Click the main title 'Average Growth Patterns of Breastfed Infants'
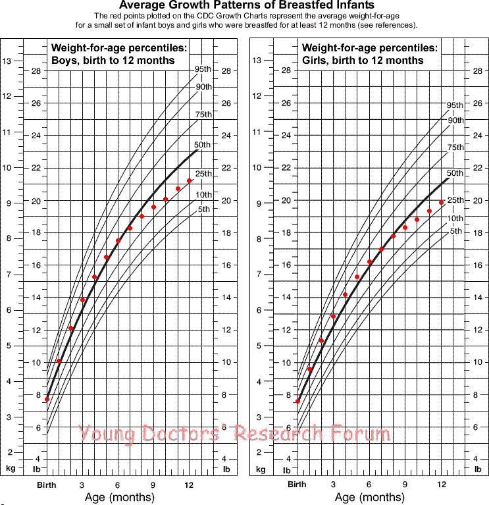(x=244, y=6)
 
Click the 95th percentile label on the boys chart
(x=203, y=69)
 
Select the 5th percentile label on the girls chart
(x=455, y=231)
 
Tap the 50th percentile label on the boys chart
(x=203, y=145)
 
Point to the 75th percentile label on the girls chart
(x=455, y=147)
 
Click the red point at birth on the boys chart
(x=47, y=400)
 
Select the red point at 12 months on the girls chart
(x=441, y=203)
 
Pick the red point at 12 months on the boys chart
(x=190, y=180)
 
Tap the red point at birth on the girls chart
(x=297, y=401)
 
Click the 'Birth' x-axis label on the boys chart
(x=46, y=485)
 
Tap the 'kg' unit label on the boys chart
(x=11, y=469)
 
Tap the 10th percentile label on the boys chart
(x=203, y=194)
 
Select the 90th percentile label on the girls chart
(x=455, y=120)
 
